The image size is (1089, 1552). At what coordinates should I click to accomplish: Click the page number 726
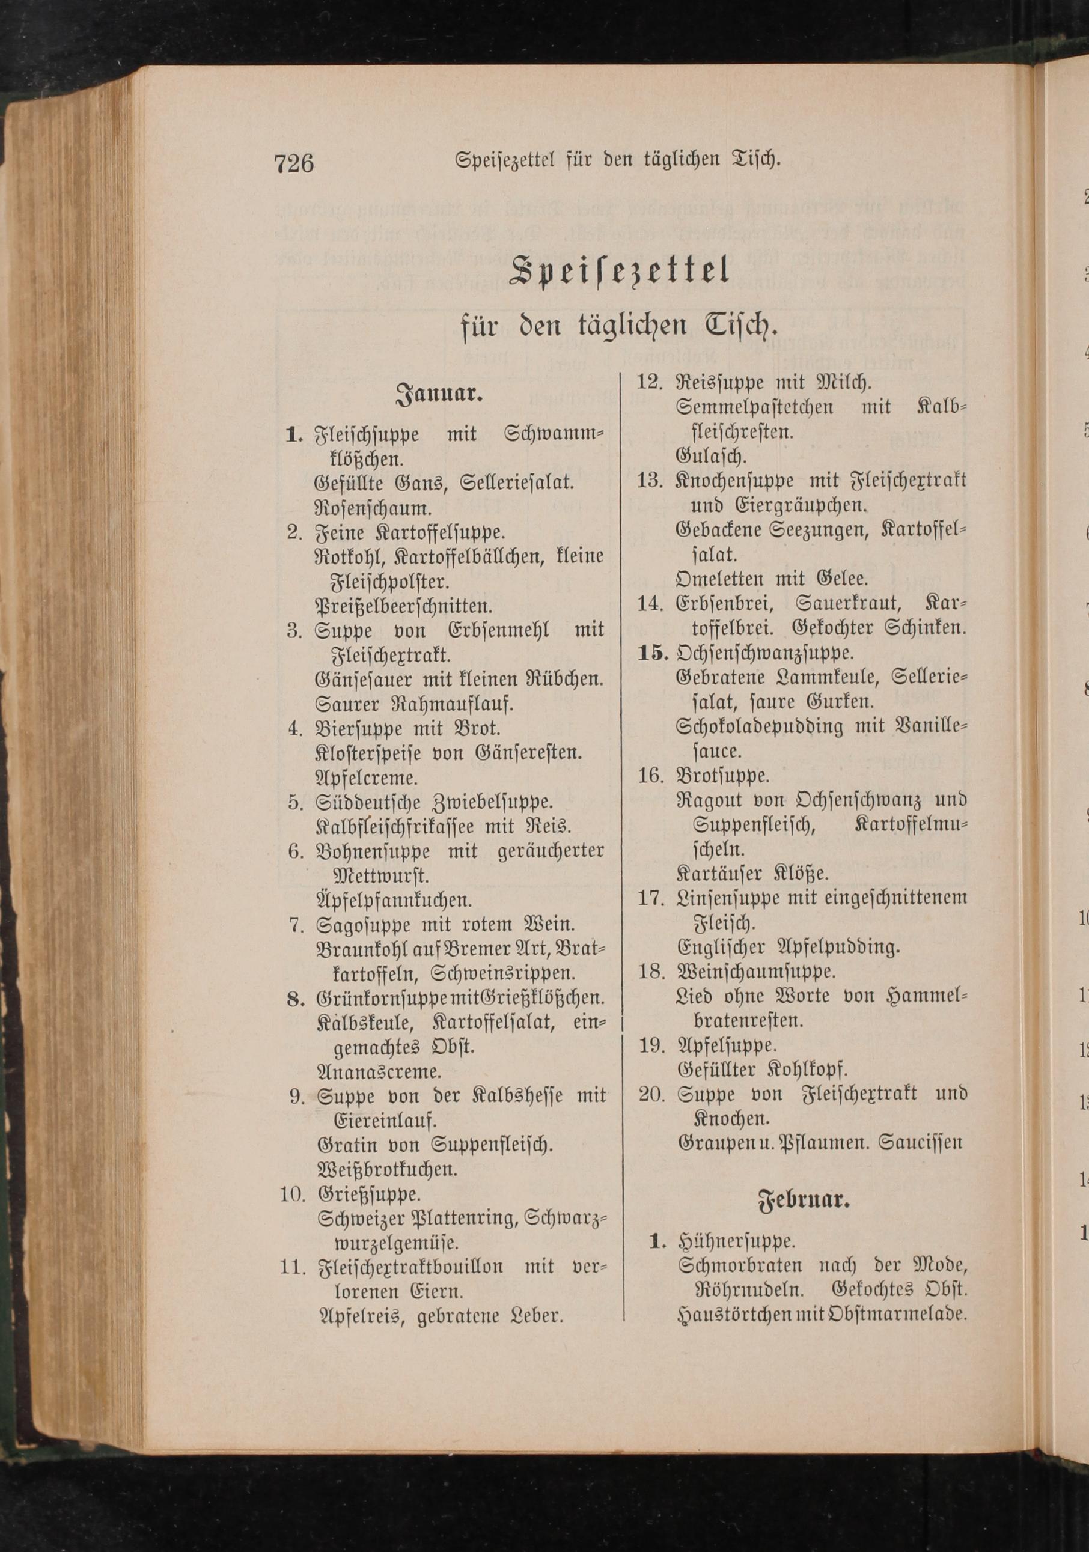pyautogui.click(x=294, y=164)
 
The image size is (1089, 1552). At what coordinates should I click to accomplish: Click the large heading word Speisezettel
pyautogui.click(x=620, y=272)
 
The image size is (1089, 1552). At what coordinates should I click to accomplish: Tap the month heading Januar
pyautogui.click(x=439, y=394)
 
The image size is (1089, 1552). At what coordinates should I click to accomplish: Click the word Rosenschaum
pyautogui.click(x=373, y=508)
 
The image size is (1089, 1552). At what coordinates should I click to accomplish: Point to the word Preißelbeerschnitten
pyautogui.click(x=403, y=605)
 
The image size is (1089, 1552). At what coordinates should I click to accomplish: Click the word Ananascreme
pyautogui.click(x=379, y=1071)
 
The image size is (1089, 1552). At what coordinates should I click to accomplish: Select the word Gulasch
pyautogui.click(x=711, y=456)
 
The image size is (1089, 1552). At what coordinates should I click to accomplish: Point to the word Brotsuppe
pyautogui.click(x=722, y=775)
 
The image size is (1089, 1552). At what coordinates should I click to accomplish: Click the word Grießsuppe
pyautogui.click(x=369, y=1194)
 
